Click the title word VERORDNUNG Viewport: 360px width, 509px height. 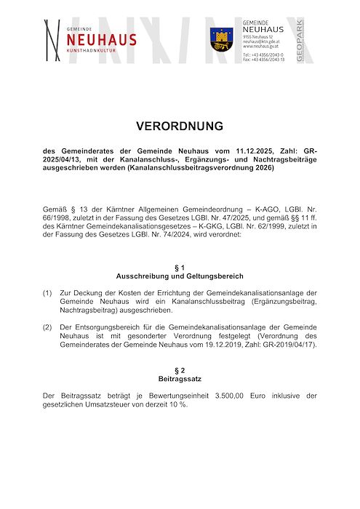click(x=180, y=126)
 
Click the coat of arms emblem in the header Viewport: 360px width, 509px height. click(x=221, y=37)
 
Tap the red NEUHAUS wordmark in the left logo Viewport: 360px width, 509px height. click(x=101, y=39)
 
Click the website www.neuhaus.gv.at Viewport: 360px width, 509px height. click(x=259, y=46)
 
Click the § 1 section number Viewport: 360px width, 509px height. click(x=180, y=268)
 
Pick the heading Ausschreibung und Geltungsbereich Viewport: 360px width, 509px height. click(x=180, y=276)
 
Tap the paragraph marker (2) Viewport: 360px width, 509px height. click(x=47, y=326)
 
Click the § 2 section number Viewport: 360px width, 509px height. click(x=180, y=371)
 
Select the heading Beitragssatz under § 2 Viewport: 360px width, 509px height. click(x=180, y=379)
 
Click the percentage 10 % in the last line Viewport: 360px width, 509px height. click(x=164, y=404)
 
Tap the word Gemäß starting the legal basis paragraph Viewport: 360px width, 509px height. click(x=55, y=209)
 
